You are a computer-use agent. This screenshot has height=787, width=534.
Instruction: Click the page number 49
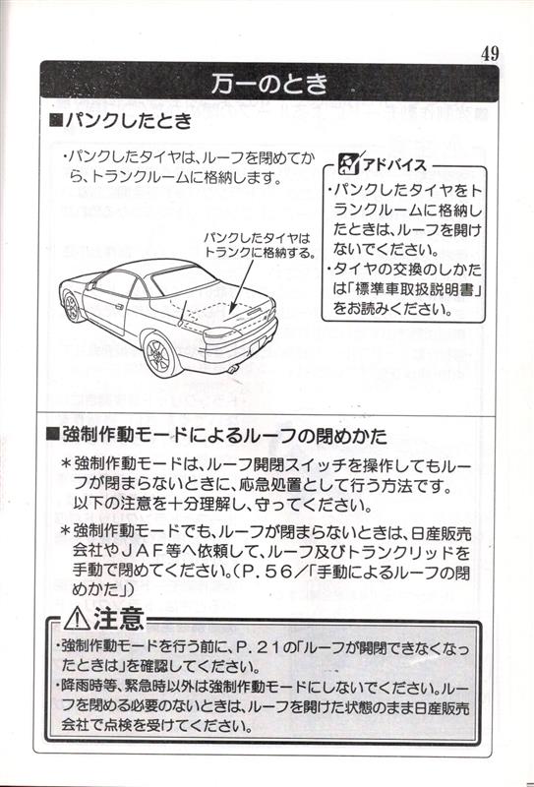(x=490, y=53)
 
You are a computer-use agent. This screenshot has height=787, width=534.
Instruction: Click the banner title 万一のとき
(x=269, y=84)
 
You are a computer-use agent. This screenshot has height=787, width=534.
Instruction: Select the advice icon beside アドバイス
(x=349, y=164)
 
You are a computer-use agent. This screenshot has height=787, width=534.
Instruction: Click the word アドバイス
(x=394, y=164)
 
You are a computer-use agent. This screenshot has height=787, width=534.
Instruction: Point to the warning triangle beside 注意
(x=77, y=619)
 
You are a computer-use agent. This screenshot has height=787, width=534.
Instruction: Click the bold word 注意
(x=118, y=618)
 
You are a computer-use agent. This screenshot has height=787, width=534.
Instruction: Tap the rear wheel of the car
(x=160, y=353)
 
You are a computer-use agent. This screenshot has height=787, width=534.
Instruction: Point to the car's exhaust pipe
(x=232, y=370)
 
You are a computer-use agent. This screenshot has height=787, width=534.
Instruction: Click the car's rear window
(x=183, y=279)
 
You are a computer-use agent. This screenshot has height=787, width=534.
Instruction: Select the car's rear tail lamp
(x=221, y=333)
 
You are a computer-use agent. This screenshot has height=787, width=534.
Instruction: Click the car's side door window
(x=115, y=283)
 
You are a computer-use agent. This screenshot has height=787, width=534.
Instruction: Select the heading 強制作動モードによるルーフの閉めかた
(x=224, y=435)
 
